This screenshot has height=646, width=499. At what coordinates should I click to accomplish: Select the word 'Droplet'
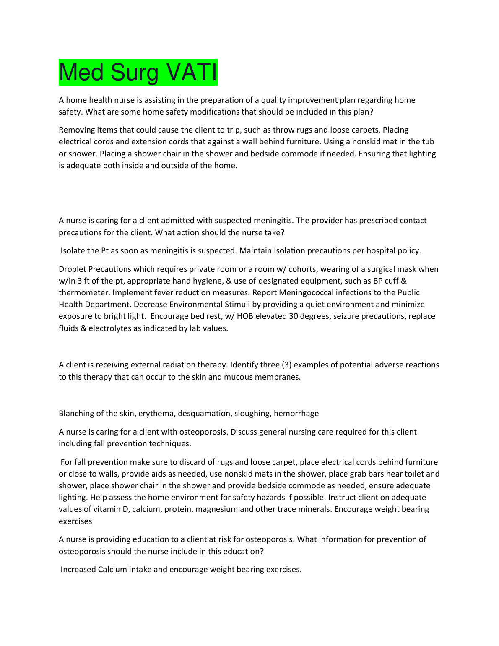(72, 269)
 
